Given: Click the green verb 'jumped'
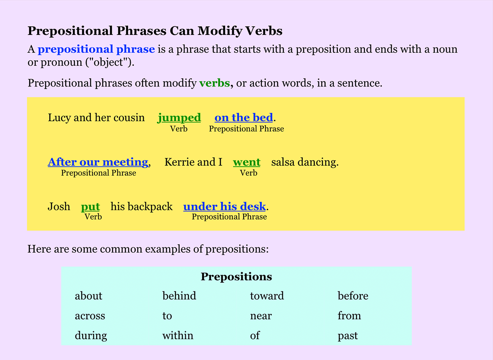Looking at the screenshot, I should pyautogui.click(x=179, y=118).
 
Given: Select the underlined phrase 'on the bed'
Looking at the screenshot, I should pyautogui.click(x=244, y=118).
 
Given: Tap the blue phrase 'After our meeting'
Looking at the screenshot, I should pyautogui.click(x=98, y=162).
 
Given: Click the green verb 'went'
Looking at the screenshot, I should pyautogui.click(x=246, y=162).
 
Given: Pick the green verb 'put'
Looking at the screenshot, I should pyautogui.click(x=90, y=206).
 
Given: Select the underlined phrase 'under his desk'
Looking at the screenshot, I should pyautogui.click(x=224, y=206).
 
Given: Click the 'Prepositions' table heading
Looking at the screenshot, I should pyautogui.click(x=236, y=277).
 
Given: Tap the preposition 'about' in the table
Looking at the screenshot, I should pyautogui.click(x=88, y=296).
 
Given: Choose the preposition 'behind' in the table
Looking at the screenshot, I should pyautogui.click(x=179, y=296).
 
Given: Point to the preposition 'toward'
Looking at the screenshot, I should pyautogui.click(x=267, y=296).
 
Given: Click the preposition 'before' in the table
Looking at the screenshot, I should pyautogui.click(x=353, y=296).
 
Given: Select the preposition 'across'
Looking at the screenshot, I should pyautogui.click(x=90, y=316).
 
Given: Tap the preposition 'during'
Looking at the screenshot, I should pyautogui.click(x=91, y=336).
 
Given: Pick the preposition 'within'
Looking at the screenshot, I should pyautogui.click(x=177, y=336).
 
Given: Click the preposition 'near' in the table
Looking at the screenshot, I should pyautogui.click(x=260, y=316).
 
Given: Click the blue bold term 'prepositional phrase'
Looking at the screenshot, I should pyautogui.click(x=96, y=50).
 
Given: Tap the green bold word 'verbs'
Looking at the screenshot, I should pyautogui.click(x=214, y=83).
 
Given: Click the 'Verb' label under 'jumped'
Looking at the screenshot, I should pyautogui.click(x=179, y=129).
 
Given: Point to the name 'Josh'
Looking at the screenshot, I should pyautogui.click(x=59, y=206).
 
